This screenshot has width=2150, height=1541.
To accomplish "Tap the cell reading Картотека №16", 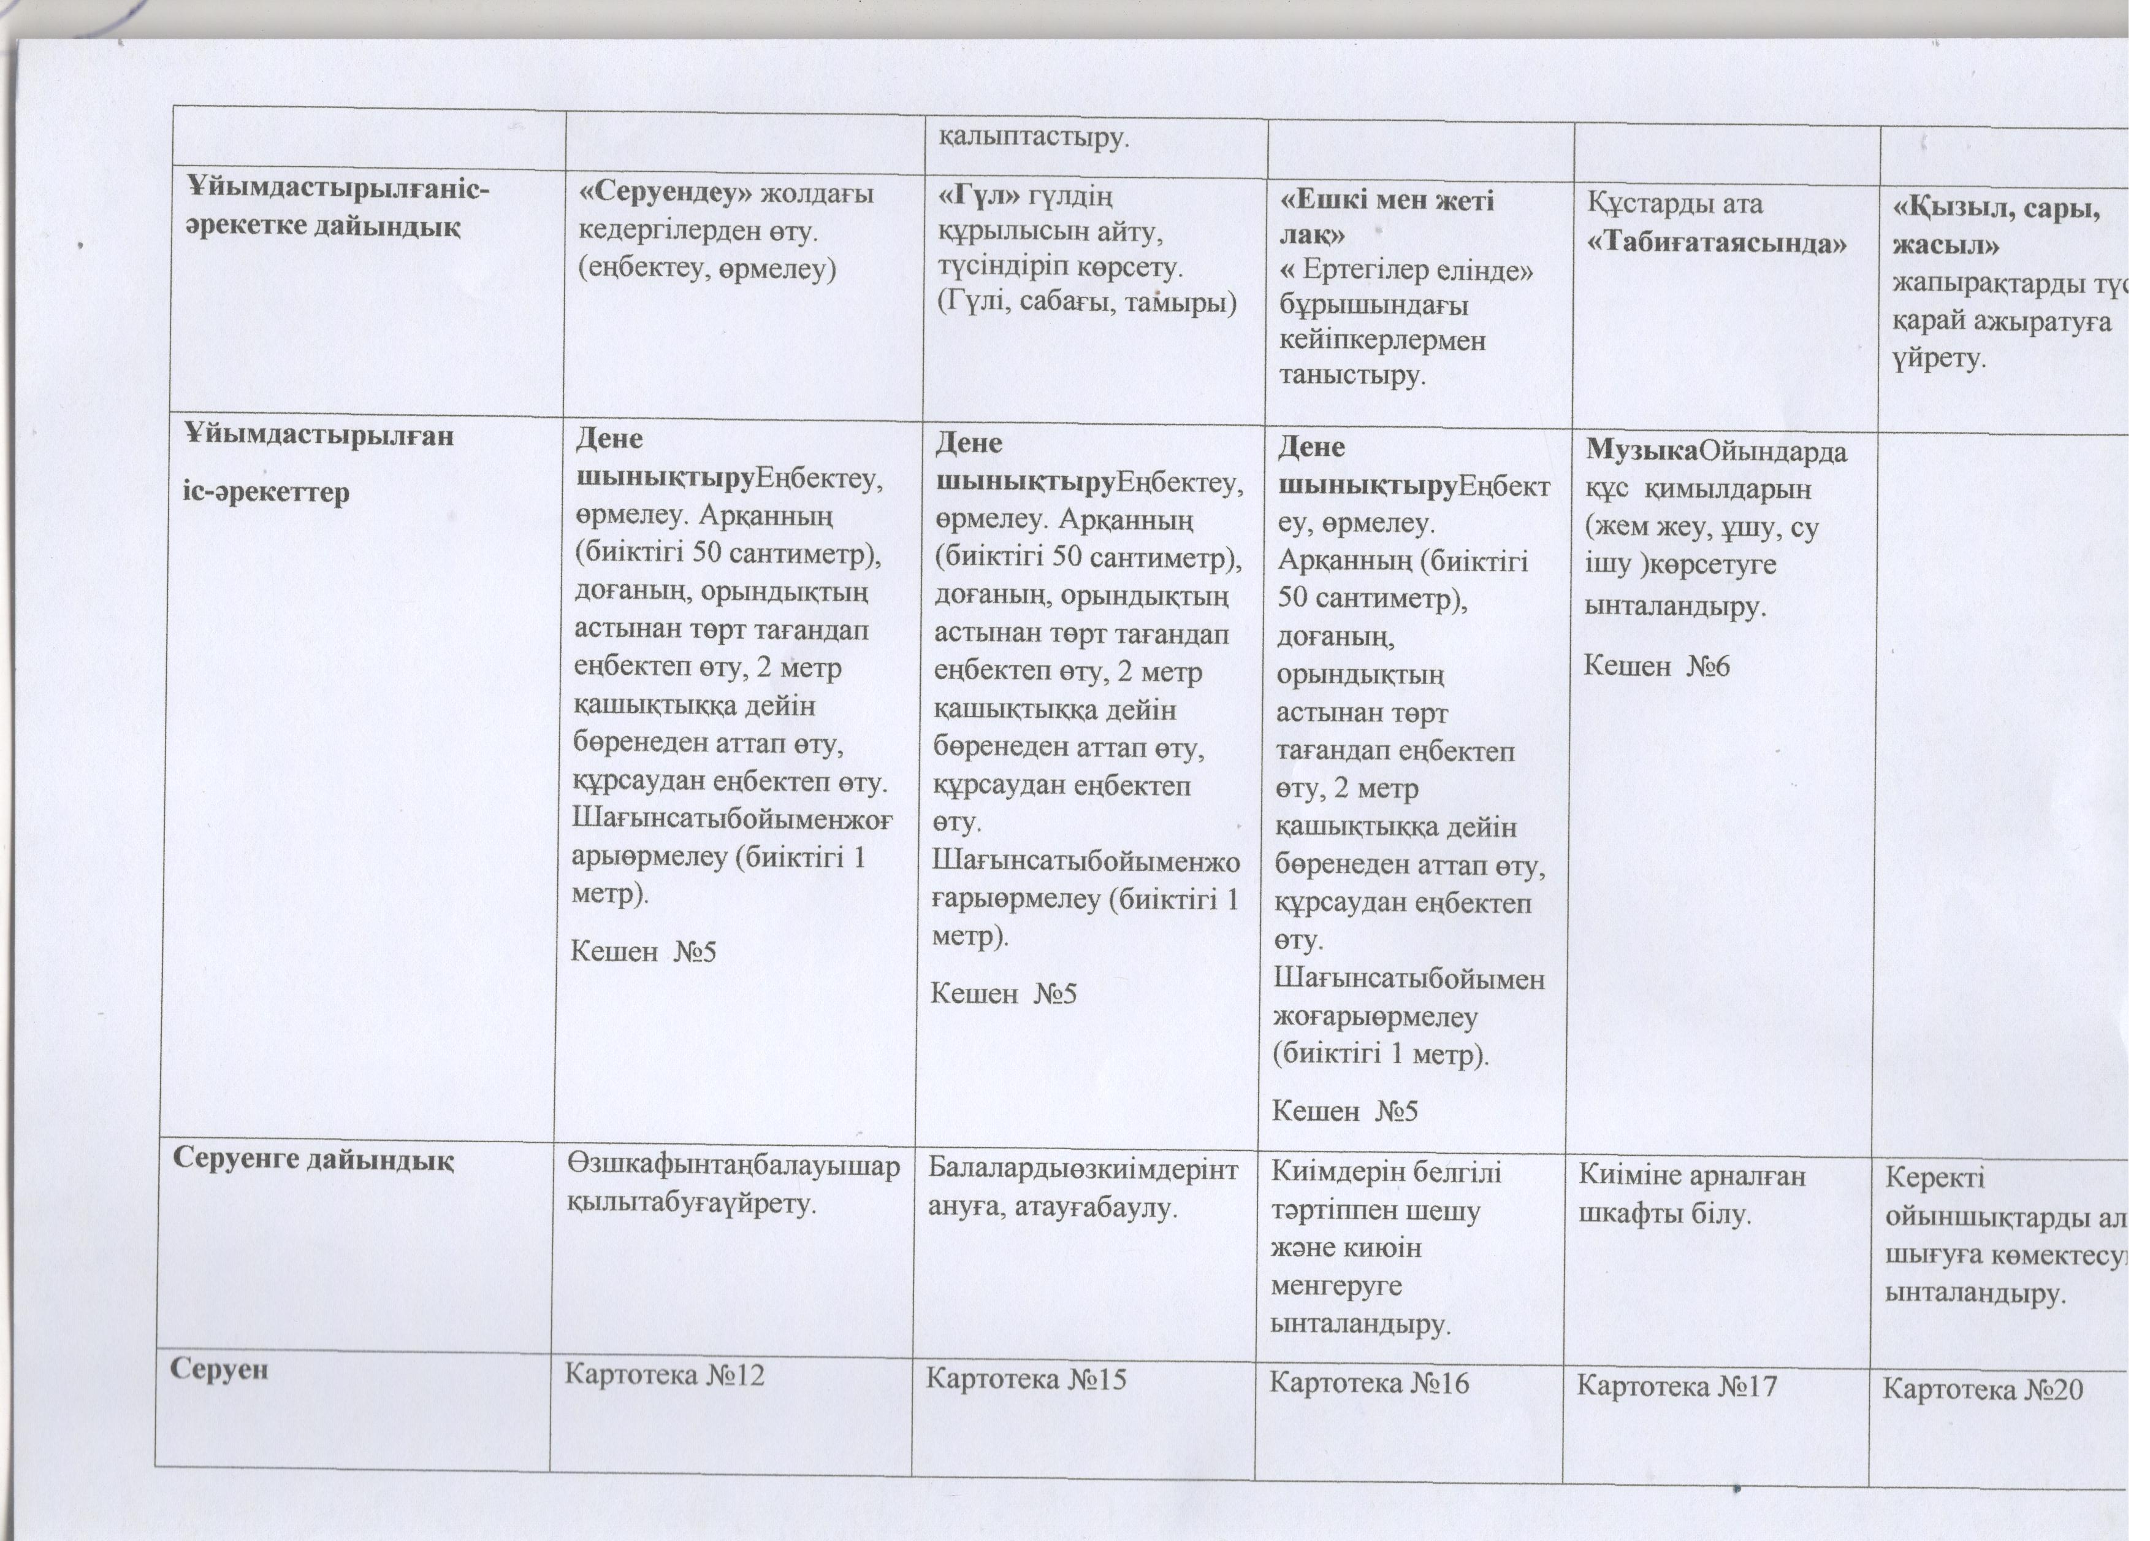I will pos(1369,1383).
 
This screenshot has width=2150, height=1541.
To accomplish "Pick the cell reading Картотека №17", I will pos(1676,1386).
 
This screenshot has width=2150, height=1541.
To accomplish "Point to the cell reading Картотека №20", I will pos(1982,1390).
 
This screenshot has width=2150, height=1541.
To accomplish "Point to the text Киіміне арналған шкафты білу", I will pos(1692,1195).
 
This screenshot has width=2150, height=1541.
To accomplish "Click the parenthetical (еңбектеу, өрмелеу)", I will pos(706,269).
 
